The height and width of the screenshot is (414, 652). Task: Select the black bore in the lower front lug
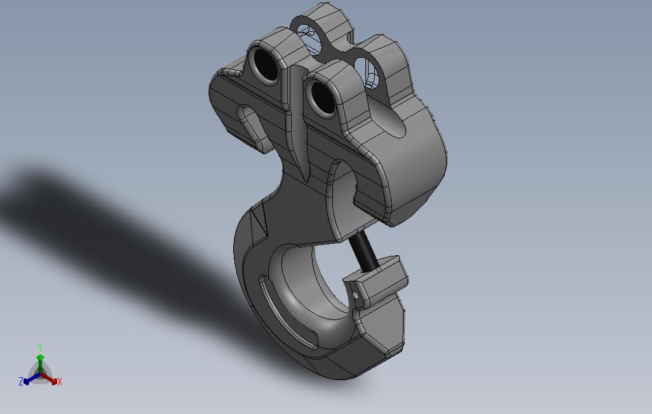click(323, 97)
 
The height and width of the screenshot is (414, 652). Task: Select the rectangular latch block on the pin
click(376, 282)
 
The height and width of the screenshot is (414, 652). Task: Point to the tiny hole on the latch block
click(355, 295)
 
